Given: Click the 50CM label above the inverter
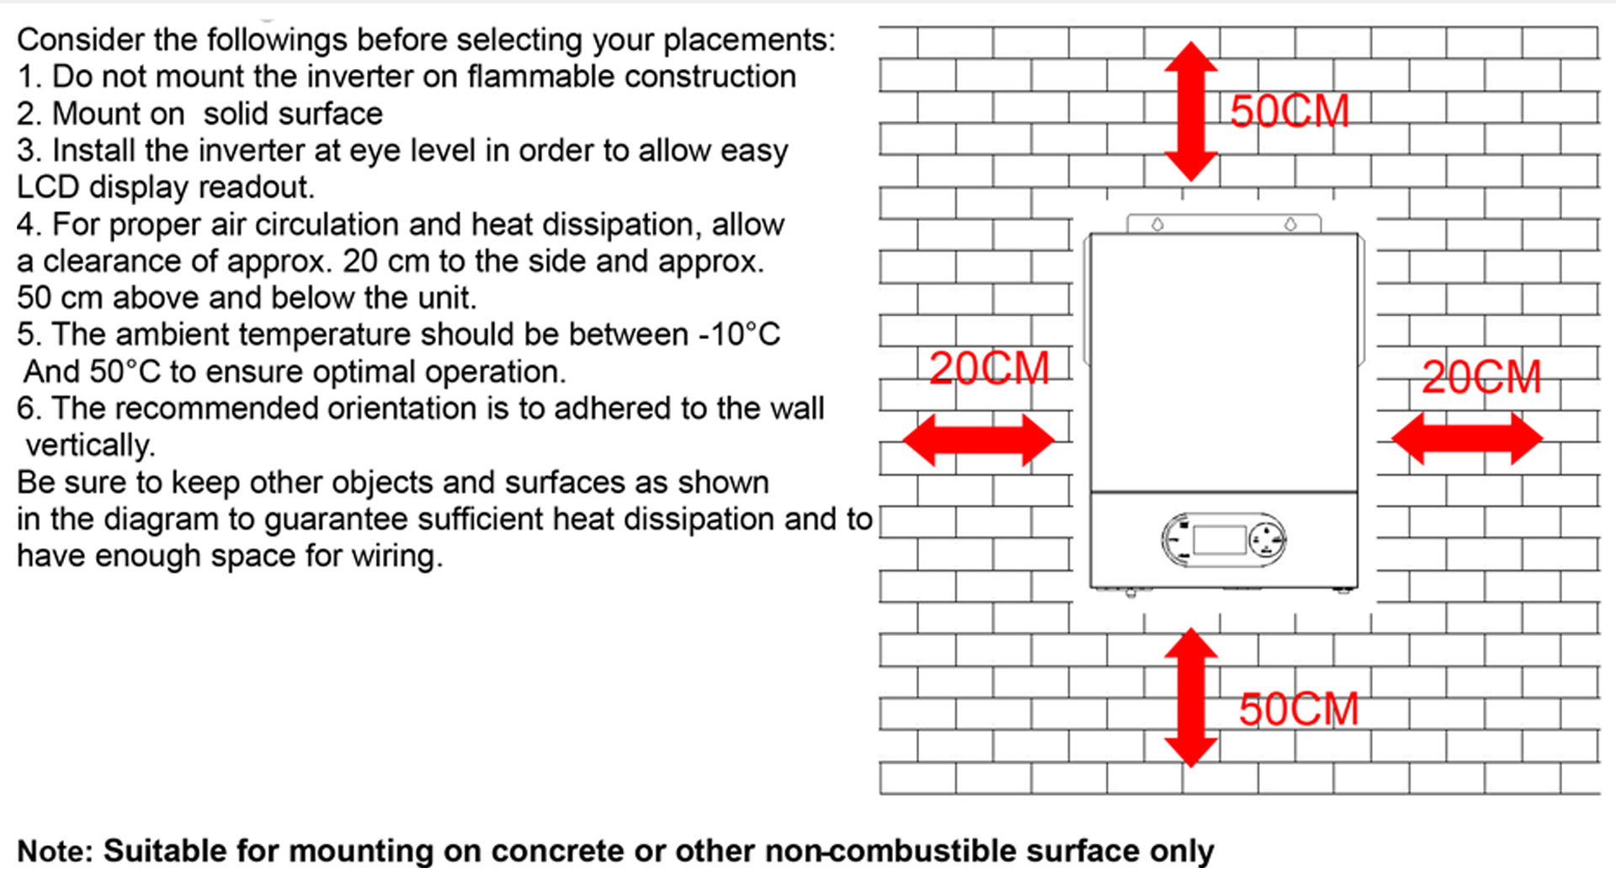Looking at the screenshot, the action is click(x=1289, y=111).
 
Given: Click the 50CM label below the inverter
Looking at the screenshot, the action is click(x=1299, y=709).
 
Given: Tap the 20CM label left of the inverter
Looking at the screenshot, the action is click(x=989, y=368).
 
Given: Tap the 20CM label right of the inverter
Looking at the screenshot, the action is click(x=1481, y=377).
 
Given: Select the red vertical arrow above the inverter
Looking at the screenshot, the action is click(x=1191, y=111).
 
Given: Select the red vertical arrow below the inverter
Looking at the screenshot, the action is click(x=1191, y=697).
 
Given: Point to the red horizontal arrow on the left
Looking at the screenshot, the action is click(x=979, y=439).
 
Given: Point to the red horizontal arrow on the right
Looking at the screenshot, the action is click(x=1467, y=438).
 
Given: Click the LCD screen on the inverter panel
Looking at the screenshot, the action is click(x=1219, y=540).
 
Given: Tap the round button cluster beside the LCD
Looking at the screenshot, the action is click(x=1266, y=539).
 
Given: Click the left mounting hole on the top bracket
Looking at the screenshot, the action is click(x=1158, y=225).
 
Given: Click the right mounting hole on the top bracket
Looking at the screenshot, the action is click(x=1290, y=225).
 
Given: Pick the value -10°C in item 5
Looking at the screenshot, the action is click(x=740, y=335).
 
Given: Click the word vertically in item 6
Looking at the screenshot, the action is click(x=90, y=446).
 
